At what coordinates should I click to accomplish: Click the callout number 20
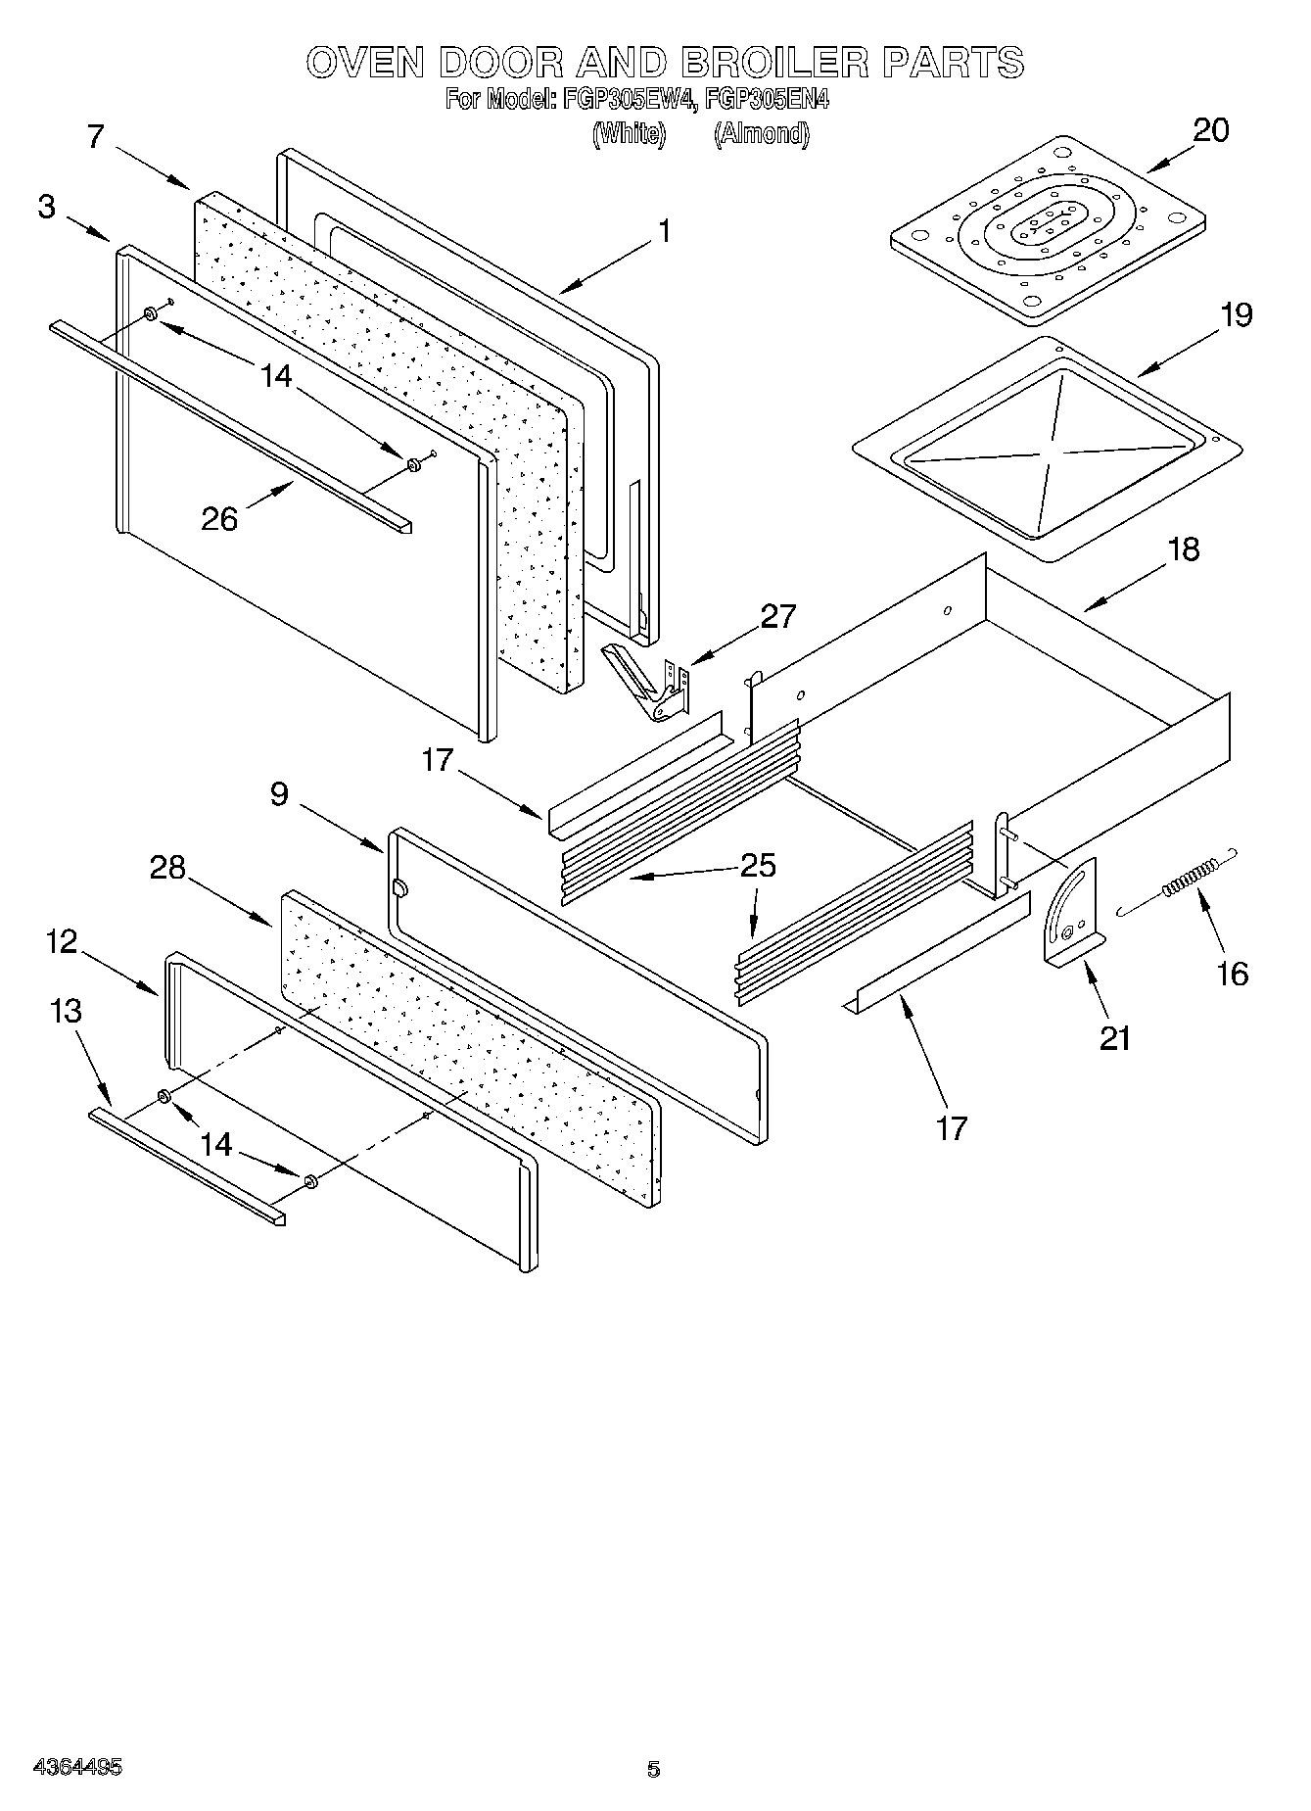coord(1211,130)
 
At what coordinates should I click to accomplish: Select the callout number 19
coord(1237,315)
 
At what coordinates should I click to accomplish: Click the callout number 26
coord(219,518)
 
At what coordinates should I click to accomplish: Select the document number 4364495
coord(78,1768)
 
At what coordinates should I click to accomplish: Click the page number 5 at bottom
coord(653,1769)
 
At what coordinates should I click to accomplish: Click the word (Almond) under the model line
coord(762,134)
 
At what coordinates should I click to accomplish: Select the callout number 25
coord(758,866)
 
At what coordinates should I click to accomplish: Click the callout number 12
coord(61,942)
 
